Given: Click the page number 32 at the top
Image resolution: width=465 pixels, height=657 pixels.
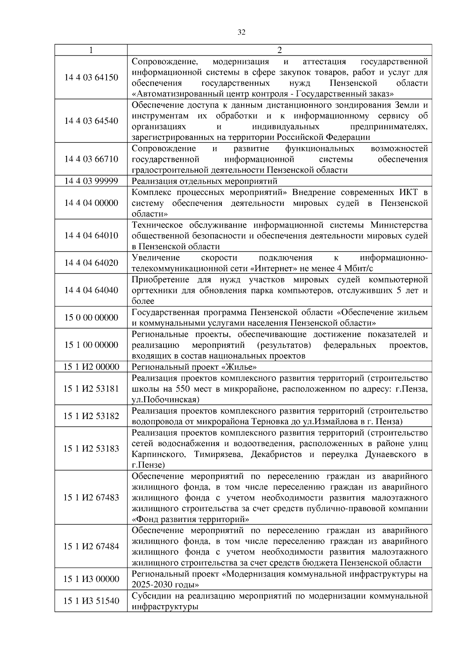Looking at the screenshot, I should pyautogui.click(x=241, y=33).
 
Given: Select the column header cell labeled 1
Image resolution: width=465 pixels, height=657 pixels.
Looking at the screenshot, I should pyautogui.click(x=91, y=50).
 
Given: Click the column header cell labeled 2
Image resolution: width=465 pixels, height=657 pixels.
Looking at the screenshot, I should pyautogui.click(x=279, y=50).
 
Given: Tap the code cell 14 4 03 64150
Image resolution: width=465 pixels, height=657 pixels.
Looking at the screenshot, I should pyautogui.click(x=91, y=77).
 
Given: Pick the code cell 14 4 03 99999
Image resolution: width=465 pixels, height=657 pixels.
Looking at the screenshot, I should pyautogui.click(x=91, y=181).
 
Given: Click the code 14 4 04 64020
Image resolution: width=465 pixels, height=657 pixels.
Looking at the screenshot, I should pyautogui.click(x=91, y=263).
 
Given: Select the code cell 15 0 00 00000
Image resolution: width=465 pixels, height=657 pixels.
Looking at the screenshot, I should pyautogui.click(x=91, y=318).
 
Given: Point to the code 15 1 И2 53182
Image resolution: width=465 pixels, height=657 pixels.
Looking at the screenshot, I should pyautogui.click(x=91, y=416).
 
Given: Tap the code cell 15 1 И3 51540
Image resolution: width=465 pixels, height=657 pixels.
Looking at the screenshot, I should pyautogui.click(x=91, y=601).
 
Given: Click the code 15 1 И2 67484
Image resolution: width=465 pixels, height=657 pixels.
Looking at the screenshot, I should pyautogui.click(x=91, y=546).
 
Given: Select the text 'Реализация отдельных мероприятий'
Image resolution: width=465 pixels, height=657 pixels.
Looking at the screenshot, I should pyautogui.click(x=205, y=181).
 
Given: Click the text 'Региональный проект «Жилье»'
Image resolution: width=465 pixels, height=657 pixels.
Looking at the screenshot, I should pyautogui.click(x=194, y=367).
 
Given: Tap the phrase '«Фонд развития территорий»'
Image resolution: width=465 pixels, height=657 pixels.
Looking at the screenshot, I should pyautogui.click(x=190, y=519).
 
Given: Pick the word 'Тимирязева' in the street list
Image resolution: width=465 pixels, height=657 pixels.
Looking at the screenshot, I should pyautogui.click(x=218, y=454).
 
